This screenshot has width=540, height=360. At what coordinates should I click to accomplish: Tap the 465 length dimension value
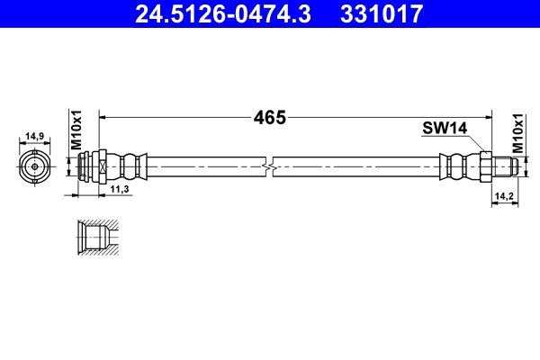pos(269,117)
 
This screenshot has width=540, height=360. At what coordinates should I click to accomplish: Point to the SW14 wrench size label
pos(444,129)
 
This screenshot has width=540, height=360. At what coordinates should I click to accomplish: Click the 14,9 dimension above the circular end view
pos(35,136)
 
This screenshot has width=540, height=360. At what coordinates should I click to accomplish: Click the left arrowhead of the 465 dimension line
pos(102,117)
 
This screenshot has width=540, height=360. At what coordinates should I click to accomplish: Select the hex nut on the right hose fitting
pos(483,166)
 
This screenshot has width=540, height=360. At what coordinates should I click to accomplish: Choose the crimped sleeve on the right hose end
pos(456,166)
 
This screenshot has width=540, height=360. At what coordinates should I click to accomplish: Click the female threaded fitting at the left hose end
pos(94,166)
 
